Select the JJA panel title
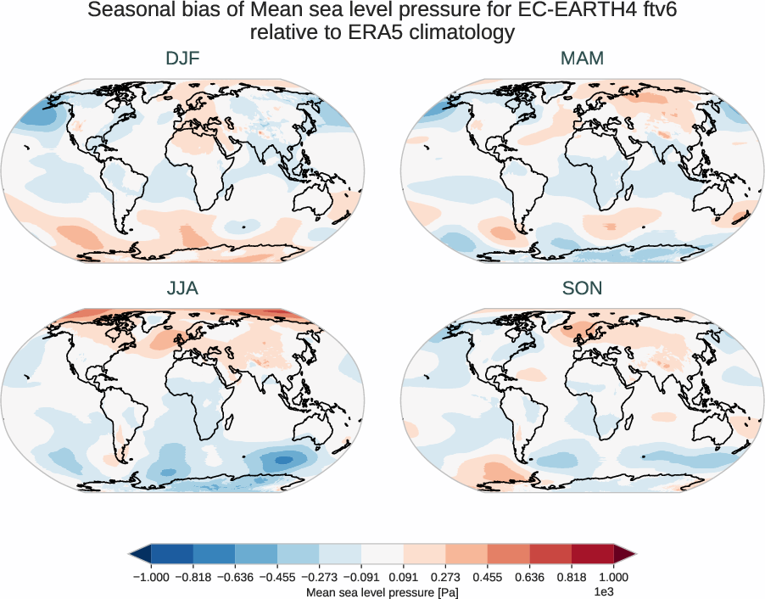(182, 288)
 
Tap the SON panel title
(583, 288)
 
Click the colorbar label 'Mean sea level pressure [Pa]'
(382, 591)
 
